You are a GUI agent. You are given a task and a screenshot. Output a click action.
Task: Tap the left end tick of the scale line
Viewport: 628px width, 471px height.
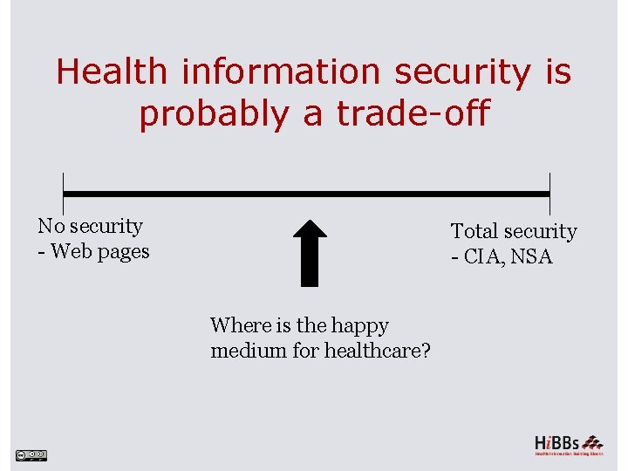(x=63, y=194)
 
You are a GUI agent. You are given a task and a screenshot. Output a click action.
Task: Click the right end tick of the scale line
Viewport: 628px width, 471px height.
(x=549, y=194)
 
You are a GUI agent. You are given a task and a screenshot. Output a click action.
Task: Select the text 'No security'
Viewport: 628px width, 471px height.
(x=90, y=226)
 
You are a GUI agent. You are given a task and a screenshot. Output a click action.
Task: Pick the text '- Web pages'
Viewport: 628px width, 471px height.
(x=93, y=252)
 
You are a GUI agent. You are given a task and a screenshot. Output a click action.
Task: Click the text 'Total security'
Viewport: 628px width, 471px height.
(x=514, y=231)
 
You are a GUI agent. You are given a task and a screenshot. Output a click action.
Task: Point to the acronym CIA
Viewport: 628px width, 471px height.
(x=485, y=257)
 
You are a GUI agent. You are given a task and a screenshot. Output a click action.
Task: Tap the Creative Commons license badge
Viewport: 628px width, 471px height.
(x=31, y=454)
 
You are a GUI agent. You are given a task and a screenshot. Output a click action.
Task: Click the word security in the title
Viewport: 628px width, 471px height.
(x=461, y=72)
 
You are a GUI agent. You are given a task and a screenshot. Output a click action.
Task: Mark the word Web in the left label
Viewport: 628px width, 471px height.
(x=69, y=252)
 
